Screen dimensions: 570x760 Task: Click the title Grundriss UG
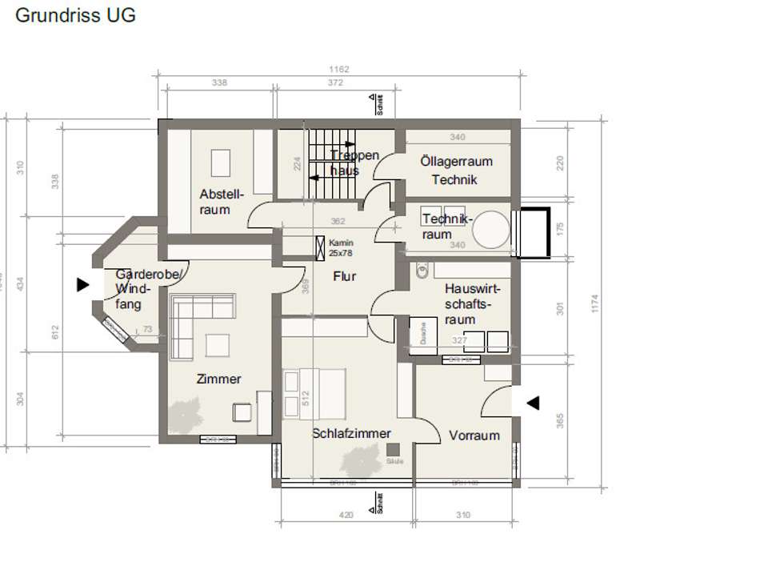tap(76, 15)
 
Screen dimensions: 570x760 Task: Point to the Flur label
tap(345, 277)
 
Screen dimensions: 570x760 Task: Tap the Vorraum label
tap(474, 436)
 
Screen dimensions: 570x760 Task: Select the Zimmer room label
tap(218, 379)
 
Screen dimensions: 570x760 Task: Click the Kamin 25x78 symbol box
tap(321, 247)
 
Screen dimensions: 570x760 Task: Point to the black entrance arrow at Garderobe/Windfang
tap(82, 283)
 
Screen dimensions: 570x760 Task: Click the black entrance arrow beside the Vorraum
tap(532, 403)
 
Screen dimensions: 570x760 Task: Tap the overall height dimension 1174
tap(594, 303)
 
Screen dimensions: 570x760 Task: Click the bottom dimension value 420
tap(346, 516)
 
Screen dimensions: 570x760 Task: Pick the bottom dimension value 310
tap(463, 516)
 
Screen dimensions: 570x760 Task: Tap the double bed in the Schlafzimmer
tap(314, 393)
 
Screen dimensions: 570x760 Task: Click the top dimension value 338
tap(219, 82)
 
